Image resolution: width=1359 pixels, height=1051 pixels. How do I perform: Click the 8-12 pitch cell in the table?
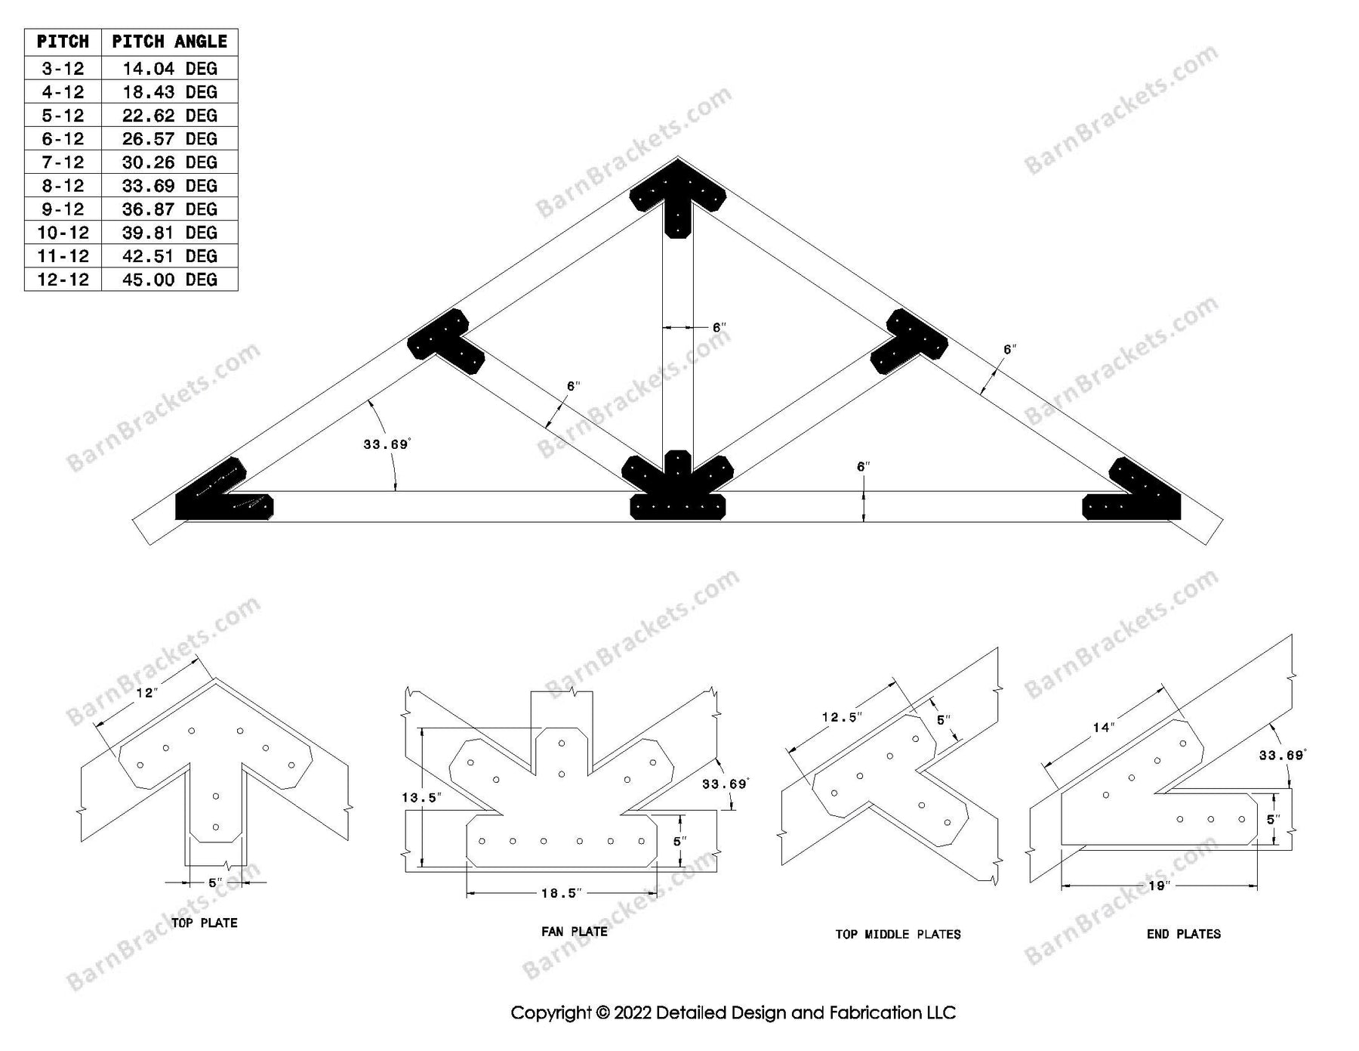[63, 186]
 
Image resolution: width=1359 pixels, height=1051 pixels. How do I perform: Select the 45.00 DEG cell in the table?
[169, 280]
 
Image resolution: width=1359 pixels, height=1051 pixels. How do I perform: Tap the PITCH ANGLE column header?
[169, 42]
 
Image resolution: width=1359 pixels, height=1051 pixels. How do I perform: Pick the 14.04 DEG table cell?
[169, 69]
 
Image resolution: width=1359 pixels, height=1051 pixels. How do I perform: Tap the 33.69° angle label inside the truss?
[386, 444]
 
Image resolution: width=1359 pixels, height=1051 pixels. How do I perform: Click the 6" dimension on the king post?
[720, 328]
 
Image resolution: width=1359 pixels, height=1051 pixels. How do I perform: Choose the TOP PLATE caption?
[204, 923]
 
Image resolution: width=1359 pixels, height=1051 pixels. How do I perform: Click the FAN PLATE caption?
[574, 932]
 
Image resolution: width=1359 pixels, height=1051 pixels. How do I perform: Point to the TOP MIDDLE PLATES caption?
[898, 935]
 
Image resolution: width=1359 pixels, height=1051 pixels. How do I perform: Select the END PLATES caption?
[1183, 934]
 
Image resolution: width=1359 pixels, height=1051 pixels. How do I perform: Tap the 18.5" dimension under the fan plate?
[560, 893]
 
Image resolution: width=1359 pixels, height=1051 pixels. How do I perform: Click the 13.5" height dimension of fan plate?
[421, 797]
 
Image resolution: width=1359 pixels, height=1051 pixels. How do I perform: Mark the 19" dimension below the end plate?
[1159, 886]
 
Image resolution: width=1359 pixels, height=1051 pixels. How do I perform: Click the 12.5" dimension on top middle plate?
[841, 717]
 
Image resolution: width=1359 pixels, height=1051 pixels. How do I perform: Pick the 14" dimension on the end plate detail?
[1103, 727]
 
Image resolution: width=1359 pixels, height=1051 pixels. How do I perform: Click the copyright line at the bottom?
[733, 1012]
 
